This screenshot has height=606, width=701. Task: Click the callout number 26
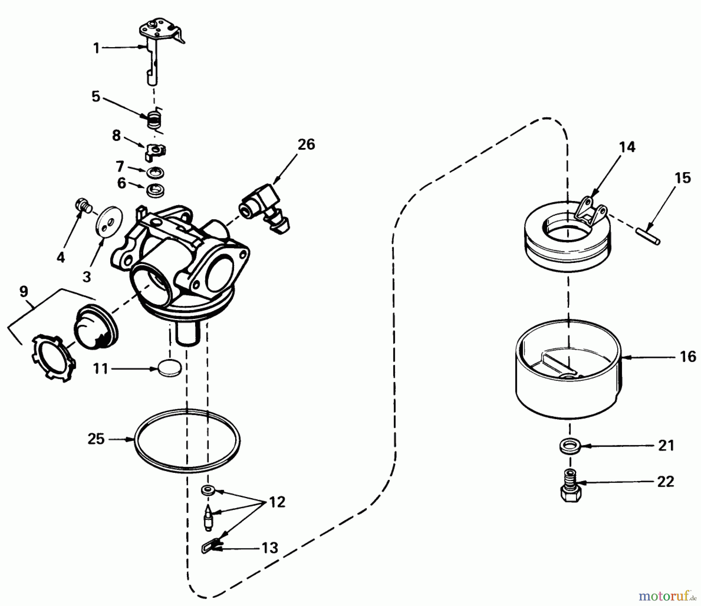[306, 144]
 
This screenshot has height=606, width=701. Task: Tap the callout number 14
[627, 147]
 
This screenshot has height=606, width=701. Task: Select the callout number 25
[96, 439]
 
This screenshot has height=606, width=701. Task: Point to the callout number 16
[688, 357]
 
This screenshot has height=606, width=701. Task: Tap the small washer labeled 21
[570, 445]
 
